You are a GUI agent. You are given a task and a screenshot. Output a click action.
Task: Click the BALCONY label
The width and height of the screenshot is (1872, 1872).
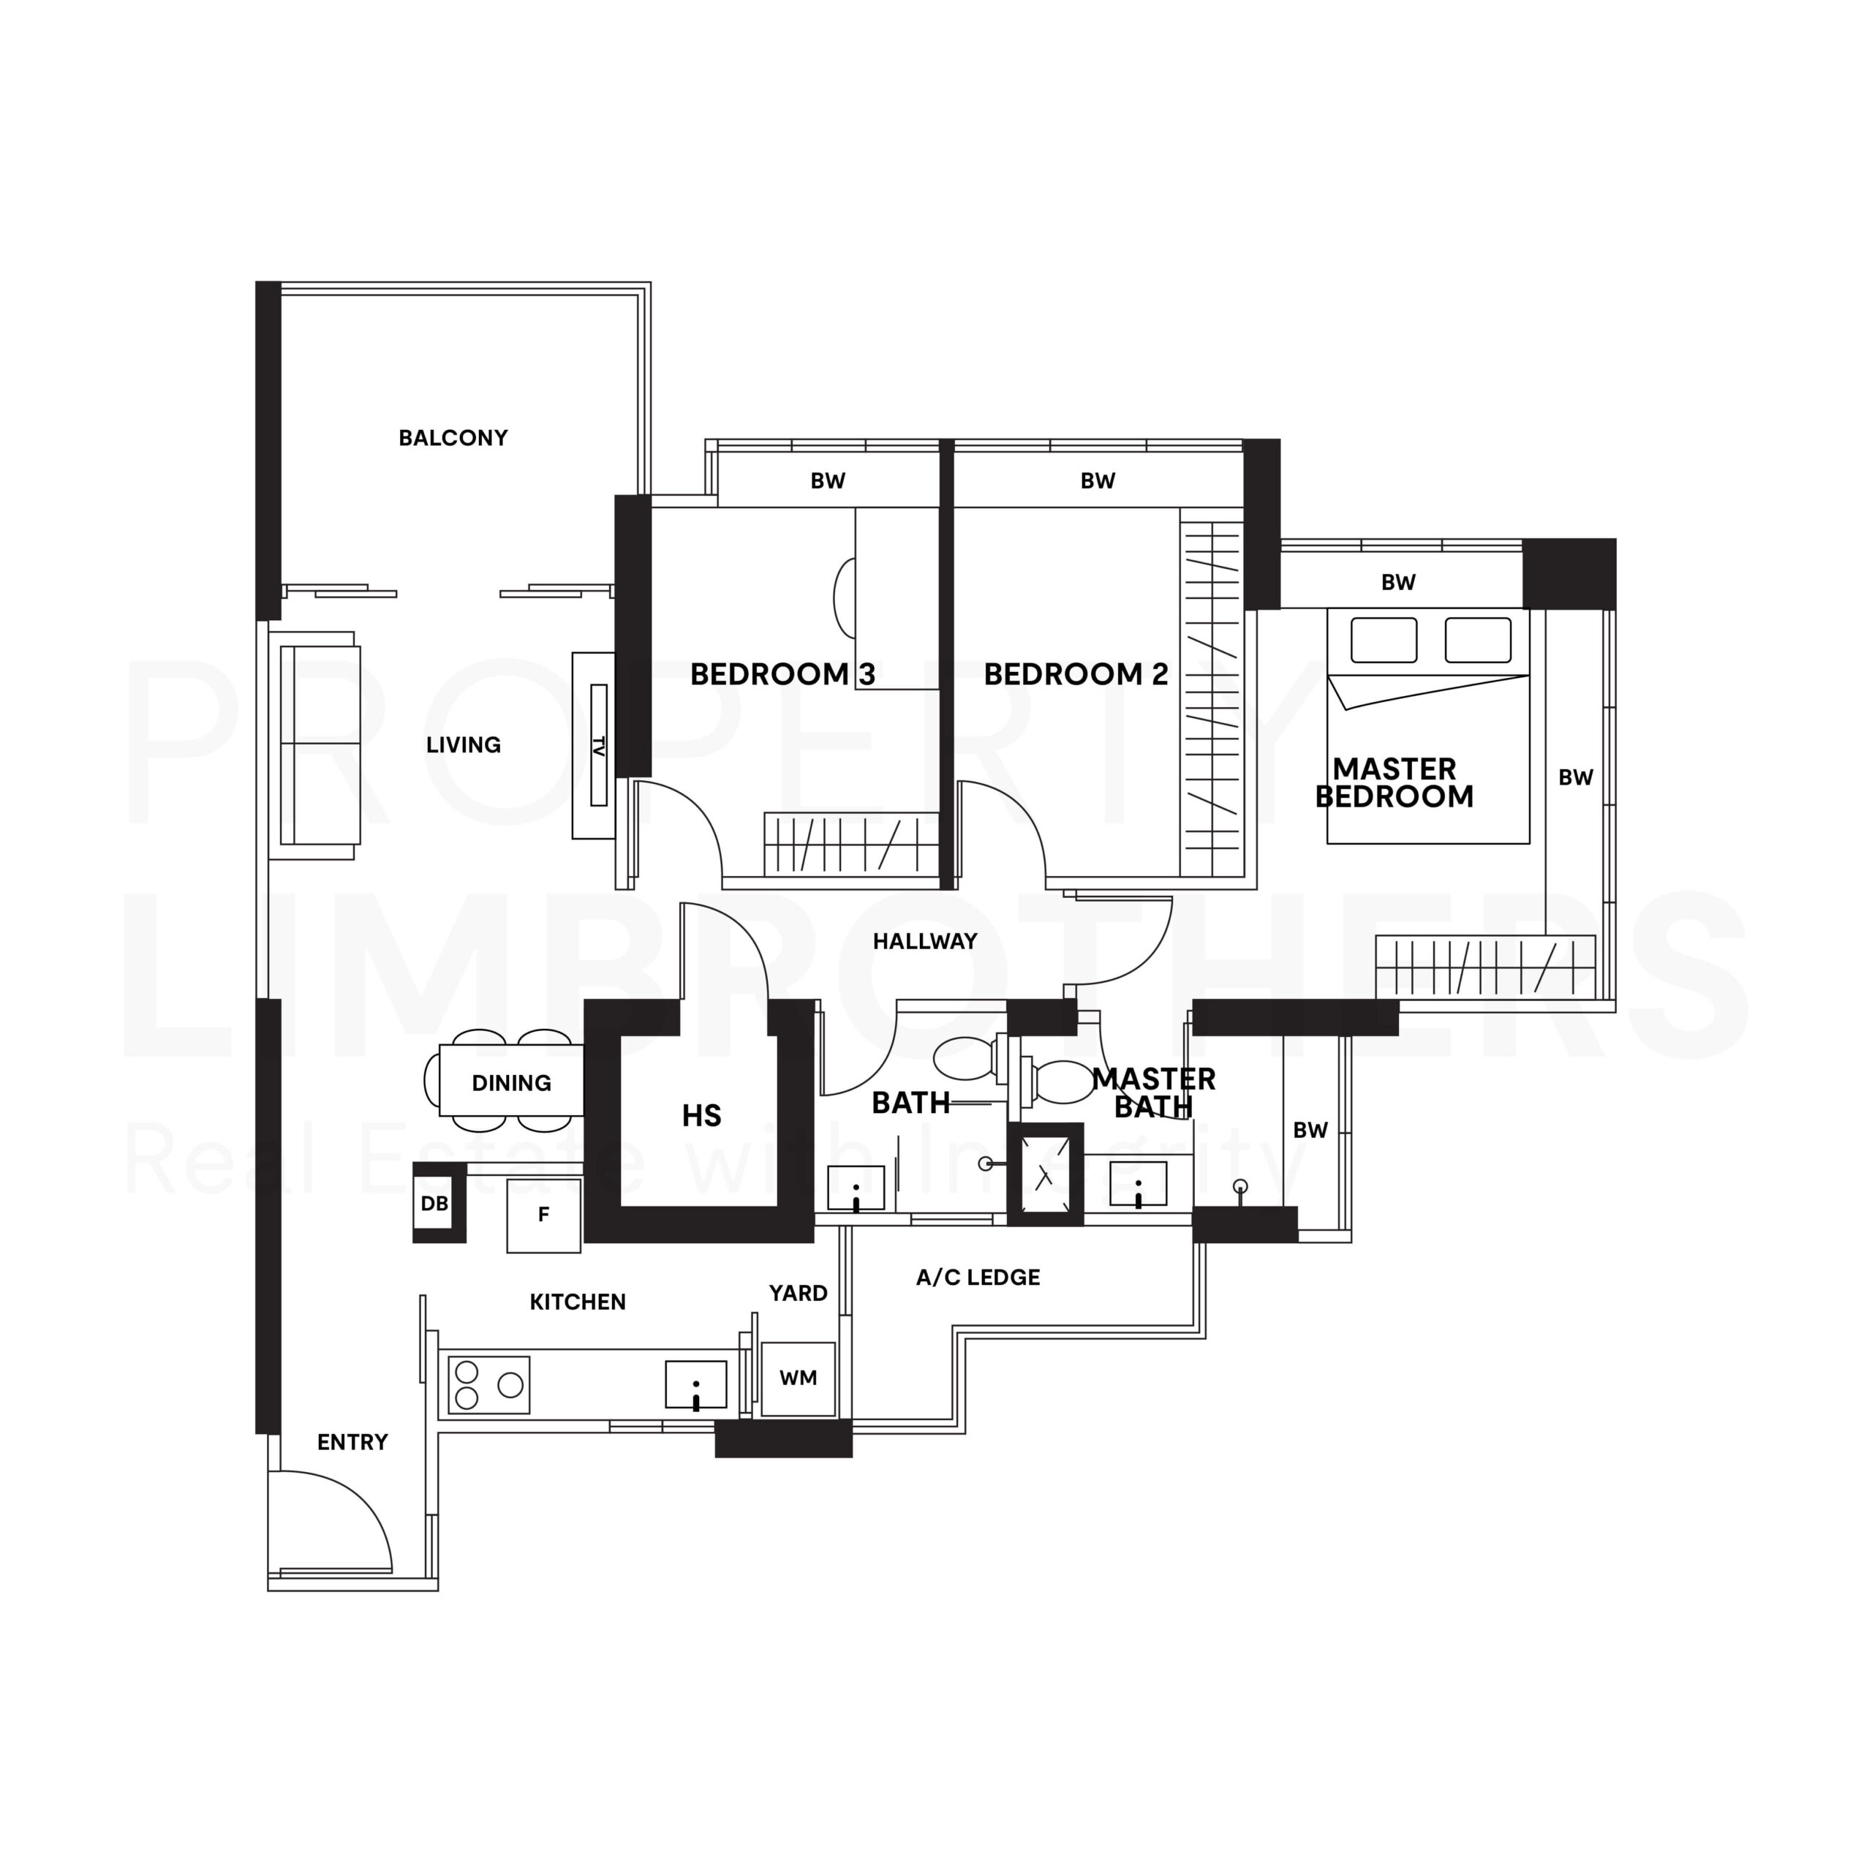453,438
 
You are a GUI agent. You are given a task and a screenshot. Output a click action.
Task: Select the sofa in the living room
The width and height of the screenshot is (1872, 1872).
318,744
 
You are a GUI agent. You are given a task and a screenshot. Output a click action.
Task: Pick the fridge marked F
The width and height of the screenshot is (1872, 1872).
543,1215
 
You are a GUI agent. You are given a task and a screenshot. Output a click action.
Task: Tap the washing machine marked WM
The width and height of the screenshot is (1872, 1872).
798,1378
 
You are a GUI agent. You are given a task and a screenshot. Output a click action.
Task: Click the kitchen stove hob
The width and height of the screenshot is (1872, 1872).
489,1384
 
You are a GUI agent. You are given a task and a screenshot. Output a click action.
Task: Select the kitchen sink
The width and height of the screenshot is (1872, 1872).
695,1384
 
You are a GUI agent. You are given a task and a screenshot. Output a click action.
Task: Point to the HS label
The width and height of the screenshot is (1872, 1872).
701,1116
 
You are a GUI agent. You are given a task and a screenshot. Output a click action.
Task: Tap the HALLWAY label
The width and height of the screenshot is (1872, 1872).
925,941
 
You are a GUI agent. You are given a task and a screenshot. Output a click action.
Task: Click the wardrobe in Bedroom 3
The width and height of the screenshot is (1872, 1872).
850,845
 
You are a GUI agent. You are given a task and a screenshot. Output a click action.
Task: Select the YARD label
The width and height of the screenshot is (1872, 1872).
799,1294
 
